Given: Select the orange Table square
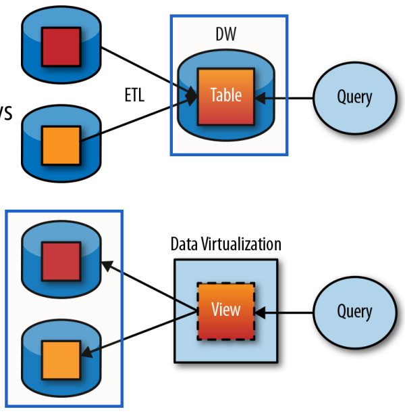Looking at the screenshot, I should pyautogui.click(x=226, y=96).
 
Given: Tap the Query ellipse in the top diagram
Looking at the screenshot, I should pyautogui.click(x=354, y=97).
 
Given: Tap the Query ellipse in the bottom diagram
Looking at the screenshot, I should pyautogui.click(x=354, y=311).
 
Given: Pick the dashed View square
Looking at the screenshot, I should pyautogui.click(x=225, y=311).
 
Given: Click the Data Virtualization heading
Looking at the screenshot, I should pyautogui.click(x=225, y=244).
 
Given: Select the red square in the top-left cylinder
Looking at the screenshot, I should pyautogui.click(x=61, y=47).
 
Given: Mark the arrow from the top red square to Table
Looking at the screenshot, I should pyautogui.click(x=145, y=68).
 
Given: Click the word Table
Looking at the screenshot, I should pyautogui.click(x=226, y=95).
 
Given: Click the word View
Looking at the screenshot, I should pyautogui.click(x=225, y=310).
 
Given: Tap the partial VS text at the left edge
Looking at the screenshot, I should pyautogui.click(x=5, y=113).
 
